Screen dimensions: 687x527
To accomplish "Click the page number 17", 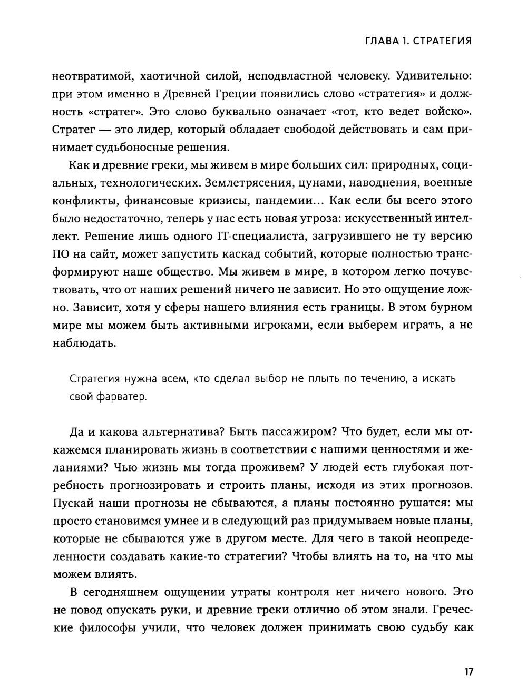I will click(469, 672).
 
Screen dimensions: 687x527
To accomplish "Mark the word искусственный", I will click(382, 219).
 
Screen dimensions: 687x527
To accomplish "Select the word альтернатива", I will click(178, 432).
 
